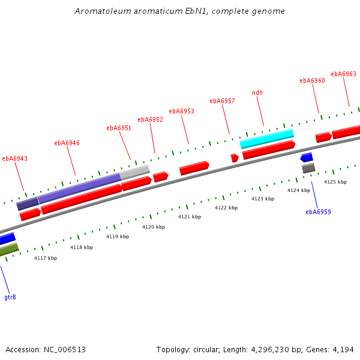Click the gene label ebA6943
[14, 159]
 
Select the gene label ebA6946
[67, 143]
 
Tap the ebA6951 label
[119, 128]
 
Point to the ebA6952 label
[150, 119]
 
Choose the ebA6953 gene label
[181, 111]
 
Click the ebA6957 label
[222, 101]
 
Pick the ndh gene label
[257, 92]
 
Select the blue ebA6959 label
[318, 212]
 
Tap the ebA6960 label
[312, 80]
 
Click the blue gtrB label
[10, 297]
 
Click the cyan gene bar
[267, 139]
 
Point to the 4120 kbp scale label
[154, 227]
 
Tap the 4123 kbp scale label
[263, 199]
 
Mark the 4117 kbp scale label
[46, 258]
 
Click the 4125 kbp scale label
[335, 182]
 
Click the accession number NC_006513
[64, 349]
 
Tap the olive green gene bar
[8, 250]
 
